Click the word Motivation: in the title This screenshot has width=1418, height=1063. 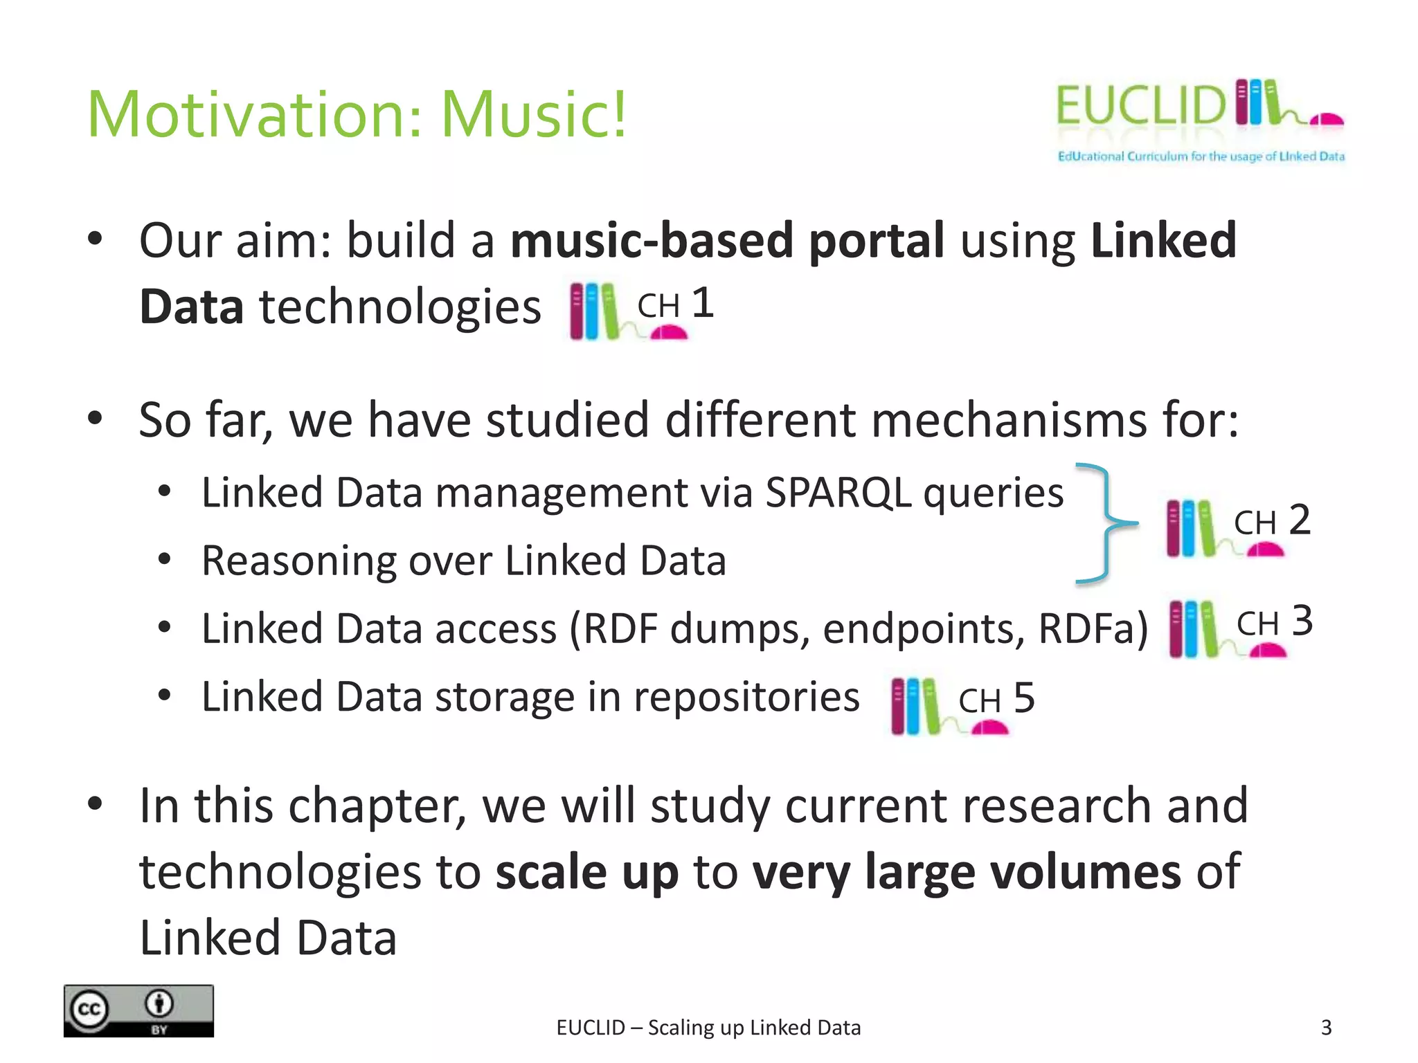click(x=254, y=114)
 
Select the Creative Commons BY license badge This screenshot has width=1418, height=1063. click(x=138, y=1010)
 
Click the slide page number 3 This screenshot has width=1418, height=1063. click(x=1326, y=1028)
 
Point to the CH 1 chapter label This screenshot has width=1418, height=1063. click(x=675, y=305)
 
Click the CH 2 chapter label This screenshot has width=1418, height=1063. click(x=1273, y=521)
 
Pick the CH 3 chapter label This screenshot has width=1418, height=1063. click(x=1275, y=622)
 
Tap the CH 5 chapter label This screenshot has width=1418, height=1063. click(x=996, y=699)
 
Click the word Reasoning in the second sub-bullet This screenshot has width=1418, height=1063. click(x=298, y=561)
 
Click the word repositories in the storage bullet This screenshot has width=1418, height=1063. click(x=746, y=697)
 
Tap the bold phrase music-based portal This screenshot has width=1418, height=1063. click(x=727, y=241)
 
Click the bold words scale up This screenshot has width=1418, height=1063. click(x=587, y=872)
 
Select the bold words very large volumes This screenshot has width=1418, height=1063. click(x=967, y=872)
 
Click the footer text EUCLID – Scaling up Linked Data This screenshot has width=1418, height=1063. click(x=708, y=1028)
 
